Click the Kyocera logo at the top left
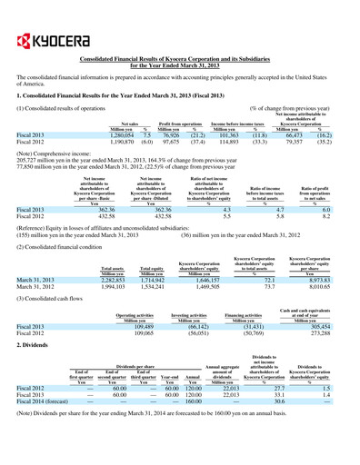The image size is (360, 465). (x=41, y=20)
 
